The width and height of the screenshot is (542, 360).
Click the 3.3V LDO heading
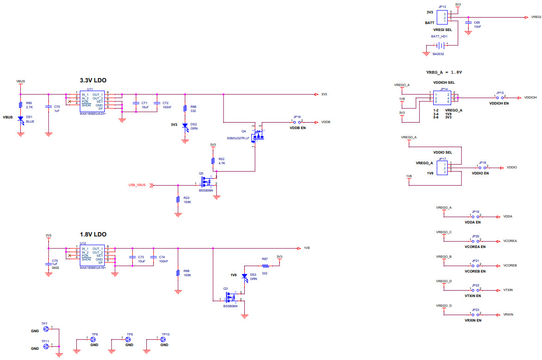click(x=93, y=81)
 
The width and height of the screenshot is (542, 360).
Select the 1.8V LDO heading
click(x=93, y=235)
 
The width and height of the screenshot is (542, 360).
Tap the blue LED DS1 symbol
click(x=20, y=119)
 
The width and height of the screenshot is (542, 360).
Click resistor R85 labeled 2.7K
click(x=20, y=105)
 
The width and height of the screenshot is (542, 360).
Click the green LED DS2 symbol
click(x=185, y=125)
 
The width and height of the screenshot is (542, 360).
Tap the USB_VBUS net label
click(x=137, y=185)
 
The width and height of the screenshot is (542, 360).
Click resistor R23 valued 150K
click(x=178, y=199)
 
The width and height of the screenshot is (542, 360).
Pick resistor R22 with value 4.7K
click(x=213, y=161)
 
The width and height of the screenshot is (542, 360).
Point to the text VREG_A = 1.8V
click(x=444, y=72)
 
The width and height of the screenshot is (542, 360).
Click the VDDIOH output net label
click(x=530, y=98)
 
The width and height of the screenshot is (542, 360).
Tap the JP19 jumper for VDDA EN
click(x=476, y=216)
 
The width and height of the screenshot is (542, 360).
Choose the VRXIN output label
click(x=508, y=315)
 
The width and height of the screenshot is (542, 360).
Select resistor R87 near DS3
click(x=265, y=266)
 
